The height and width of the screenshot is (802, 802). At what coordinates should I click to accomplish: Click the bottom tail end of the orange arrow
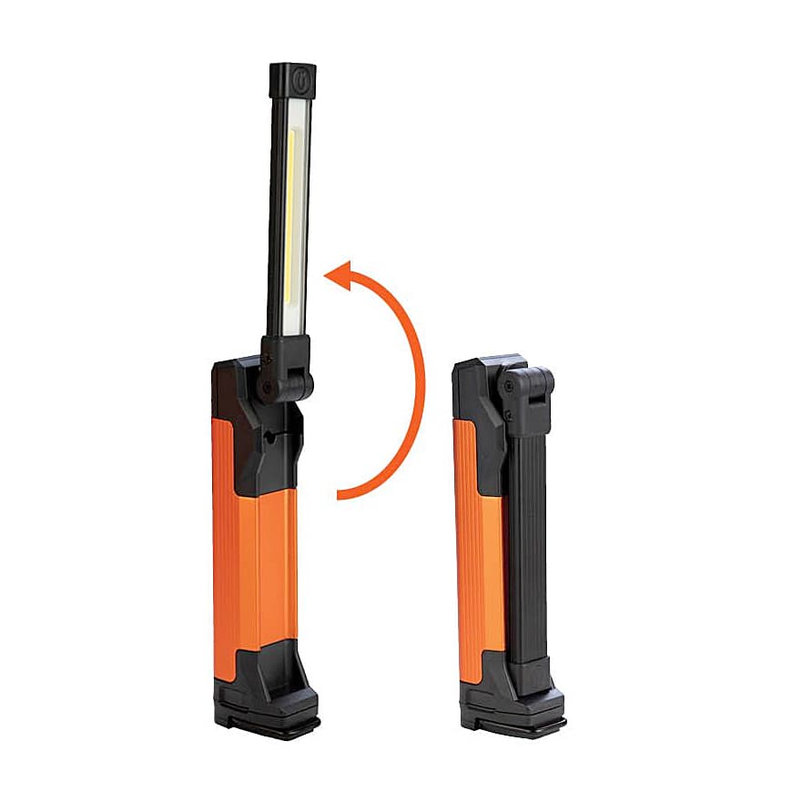click(342, 495)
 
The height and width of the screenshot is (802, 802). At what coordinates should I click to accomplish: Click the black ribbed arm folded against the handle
click(527, 546)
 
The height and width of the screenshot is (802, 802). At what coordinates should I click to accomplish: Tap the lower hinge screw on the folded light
click(510, 417)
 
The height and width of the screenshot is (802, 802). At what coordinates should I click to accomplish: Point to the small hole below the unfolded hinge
click(270, 438)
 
